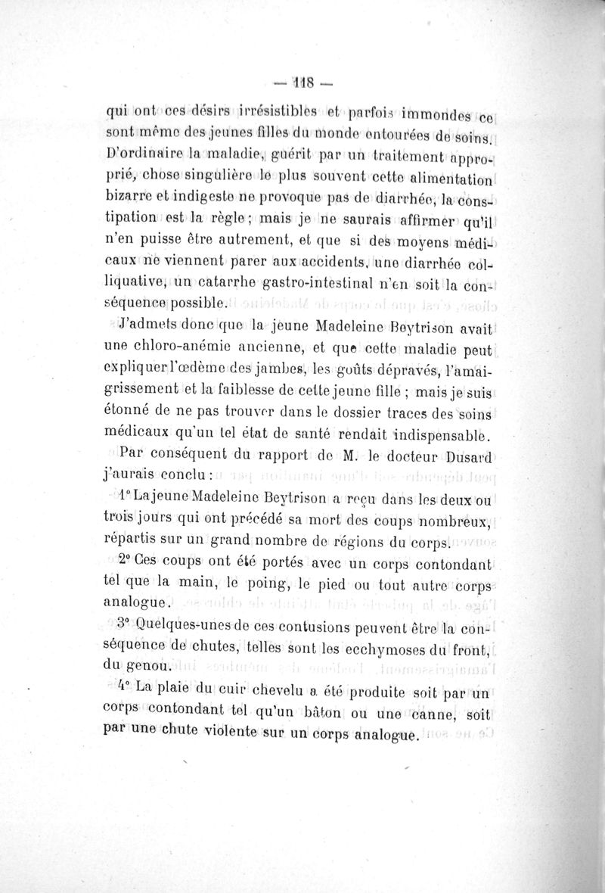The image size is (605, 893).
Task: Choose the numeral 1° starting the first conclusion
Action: [126, 499]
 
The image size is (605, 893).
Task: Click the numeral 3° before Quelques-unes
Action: [126, 626]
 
